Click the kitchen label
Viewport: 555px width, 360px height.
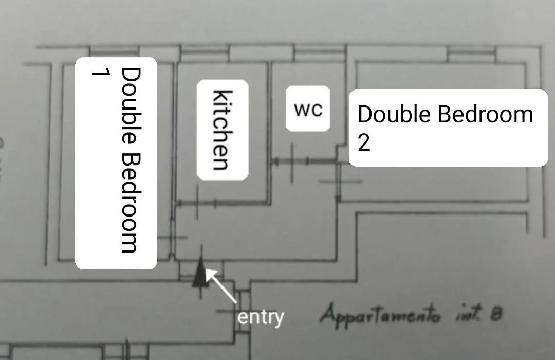pos(223,130)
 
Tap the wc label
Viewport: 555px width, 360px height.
pos(308,109)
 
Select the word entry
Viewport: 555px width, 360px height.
pos(261,317)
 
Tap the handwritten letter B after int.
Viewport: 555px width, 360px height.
pos(496,314)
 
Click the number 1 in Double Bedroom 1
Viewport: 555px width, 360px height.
pos(101,73)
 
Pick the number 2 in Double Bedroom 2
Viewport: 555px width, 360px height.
pos(364,142)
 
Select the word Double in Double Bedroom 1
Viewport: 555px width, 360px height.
pos(132,106)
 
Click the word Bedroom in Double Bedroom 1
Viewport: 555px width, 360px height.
pos(132,203)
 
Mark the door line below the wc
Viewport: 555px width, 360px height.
pos(304,161)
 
